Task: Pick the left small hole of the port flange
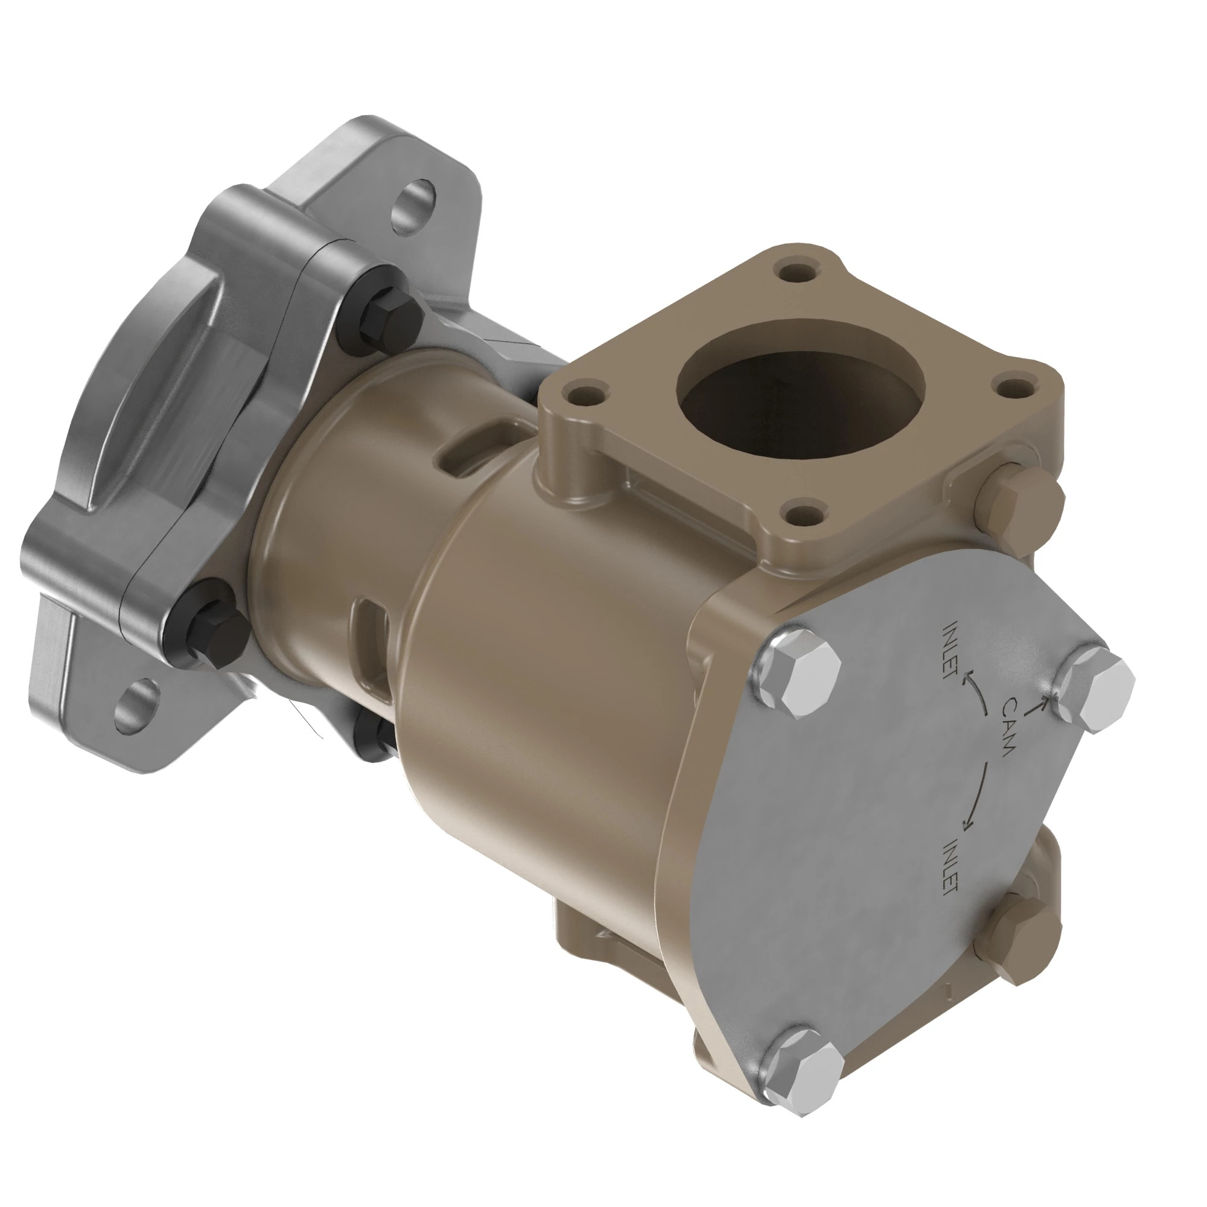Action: [584, 395]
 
